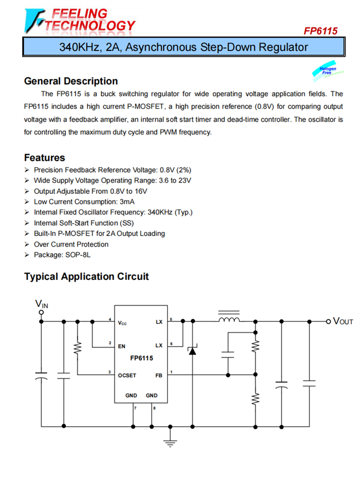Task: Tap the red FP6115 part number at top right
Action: [320, 31]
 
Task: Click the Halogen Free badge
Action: [328, 71]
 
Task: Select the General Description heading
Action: [71, 81]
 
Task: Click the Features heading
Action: [45, 157]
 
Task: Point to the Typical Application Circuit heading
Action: [86, 277]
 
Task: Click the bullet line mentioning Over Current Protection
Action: [71, 244]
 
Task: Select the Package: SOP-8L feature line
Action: [62, 255]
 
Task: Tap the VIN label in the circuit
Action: [42, 304]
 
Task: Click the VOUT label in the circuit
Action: [343, 321]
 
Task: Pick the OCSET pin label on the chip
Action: [127, 375]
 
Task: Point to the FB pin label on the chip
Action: [159, 375]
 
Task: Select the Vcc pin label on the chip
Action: [122, 323]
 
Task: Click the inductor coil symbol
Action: [229, 319]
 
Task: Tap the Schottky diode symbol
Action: [192, 350]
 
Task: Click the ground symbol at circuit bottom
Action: [169, 442]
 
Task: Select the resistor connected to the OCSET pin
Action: [77, 348]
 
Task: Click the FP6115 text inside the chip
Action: [141, 358]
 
